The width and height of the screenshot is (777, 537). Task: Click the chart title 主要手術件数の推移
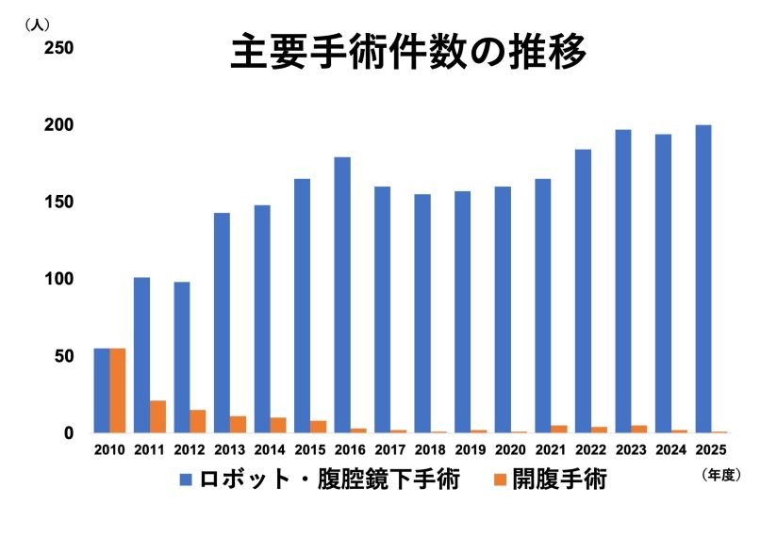point(408,54)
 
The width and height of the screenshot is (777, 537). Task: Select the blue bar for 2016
point(342,295)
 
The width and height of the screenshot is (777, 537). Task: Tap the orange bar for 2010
point(118,391)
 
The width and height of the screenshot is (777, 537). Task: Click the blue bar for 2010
point(102,391)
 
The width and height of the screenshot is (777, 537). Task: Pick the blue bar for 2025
point(703,279)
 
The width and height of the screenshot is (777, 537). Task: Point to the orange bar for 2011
point(157,416)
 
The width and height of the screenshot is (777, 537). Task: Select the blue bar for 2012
point(182,357)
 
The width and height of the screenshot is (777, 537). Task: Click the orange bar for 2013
point(238,424)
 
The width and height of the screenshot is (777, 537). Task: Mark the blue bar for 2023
point(623,281)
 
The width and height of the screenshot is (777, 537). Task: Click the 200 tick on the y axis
point(59,125)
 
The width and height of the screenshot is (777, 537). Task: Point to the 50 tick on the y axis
point(64,356)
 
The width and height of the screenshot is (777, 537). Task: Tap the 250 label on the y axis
point(59,48)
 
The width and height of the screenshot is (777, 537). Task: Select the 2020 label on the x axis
point(510,450)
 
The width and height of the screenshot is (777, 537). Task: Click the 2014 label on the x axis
point(270,450)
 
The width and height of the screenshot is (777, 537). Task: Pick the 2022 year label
point(590,450)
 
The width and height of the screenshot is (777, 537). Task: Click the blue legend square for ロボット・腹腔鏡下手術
point(187,481)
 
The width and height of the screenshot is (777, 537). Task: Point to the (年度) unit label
point(721,476)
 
